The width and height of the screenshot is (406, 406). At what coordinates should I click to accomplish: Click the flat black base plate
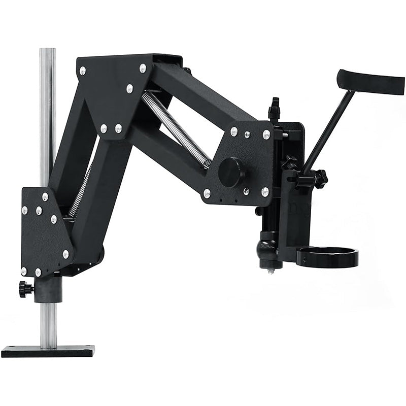tap(48, 351)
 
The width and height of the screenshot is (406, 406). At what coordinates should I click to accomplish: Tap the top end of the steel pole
tap(48, 51)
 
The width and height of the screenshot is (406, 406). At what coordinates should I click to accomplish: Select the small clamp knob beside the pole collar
tap(25, 289)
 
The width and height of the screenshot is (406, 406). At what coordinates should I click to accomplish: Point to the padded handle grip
tap(370, 82)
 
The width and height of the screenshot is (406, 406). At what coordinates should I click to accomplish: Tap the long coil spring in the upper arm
tap(175, 129)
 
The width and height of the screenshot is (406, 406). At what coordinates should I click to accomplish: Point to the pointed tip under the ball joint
tap(271, 271)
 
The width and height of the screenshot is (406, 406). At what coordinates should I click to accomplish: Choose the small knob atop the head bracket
tap(275, 106)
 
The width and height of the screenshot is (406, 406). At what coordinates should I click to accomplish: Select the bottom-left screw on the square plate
tap(207, 193)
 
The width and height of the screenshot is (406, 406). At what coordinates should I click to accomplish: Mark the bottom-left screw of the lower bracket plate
tap(24, 271)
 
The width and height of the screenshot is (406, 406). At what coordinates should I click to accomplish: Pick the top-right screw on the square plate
tap(266, 134)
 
